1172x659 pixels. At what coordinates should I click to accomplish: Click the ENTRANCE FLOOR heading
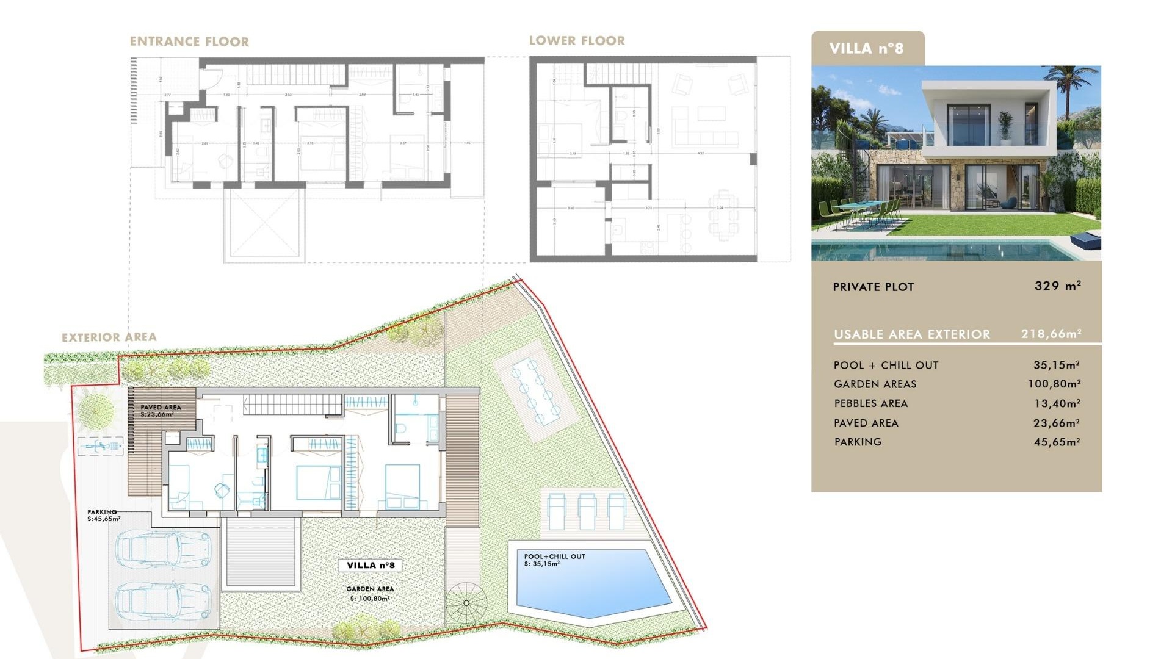pos(189,41)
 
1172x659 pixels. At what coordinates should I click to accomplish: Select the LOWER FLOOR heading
pos(577,41)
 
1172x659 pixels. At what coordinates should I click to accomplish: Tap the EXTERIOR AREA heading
pos(109,337)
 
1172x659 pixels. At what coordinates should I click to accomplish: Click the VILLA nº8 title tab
pos(866,48)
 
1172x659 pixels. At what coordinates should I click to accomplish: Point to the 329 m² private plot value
pos(1057,286)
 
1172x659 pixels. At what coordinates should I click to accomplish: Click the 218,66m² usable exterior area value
pos(1051,334)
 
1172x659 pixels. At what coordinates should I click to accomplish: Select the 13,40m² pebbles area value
pos(1057,403)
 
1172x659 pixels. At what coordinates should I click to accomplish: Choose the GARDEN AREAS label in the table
pos(875,384)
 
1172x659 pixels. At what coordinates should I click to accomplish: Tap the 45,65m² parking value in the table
pos(1057,442)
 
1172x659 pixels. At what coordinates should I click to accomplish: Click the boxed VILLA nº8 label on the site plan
pos(371,565)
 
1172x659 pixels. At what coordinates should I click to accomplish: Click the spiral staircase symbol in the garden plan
pos(466,603)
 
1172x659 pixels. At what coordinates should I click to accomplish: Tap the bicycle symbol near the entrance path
pos(101,447)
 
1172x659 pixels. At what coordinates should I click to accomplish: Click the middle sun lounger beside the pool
pos(587,511)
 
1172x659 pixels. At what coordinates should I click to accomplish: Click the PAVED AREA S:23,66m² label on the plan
pos(160,411)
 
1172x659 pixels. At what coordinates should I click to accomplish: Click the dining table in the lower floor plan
pos(723,214)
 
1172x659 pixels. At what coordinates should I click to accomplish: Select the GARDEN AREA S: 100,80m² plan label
pos(370,594)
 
